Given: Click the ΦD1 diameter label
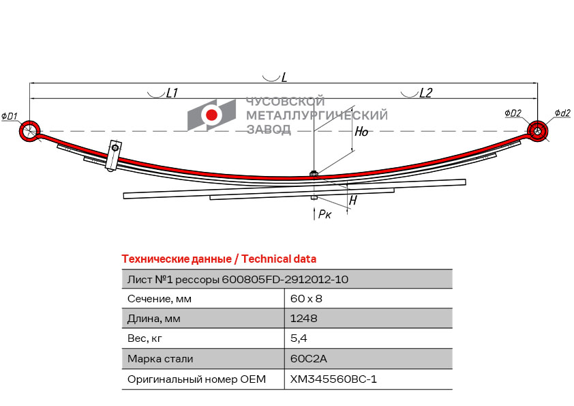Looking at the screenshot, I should [x=10, y=116].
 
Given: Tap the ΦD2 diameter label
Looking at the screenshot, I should [x=513, y=113].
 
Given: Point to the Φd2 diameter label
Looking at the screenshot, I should [x=562, y=113].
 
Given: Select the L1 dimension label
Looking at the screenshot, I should [x=172, y=93].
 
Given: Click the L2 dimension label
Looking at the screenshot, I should [x=425, y=93].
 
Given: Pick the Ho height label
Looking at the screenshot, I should [x=361, y=132].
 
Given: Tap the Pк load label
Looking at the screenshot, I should [x=324, y=214].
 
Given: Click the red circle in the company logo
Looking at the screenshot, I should [x=211, y=115].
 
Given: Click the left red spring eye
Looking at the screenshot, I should [x=29, y=130].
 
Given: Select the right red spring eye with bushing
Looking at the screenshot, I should [x=538, y=130].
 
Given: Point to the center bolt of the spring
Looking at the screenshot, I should [x=314, y=174].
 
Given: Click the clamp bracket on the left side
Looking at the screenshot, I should [x=112, y=156].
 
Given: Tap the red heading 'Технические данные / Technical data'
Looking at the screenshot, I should [x=218, y=259].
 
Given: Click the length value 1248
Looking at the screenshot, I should [x=304, y=318].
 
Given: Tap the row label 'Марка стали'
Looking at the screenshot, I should [x=160, y=358].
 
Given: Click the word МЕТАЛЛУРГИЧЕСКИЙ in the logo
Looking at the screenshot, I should [x=316, y=115].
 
